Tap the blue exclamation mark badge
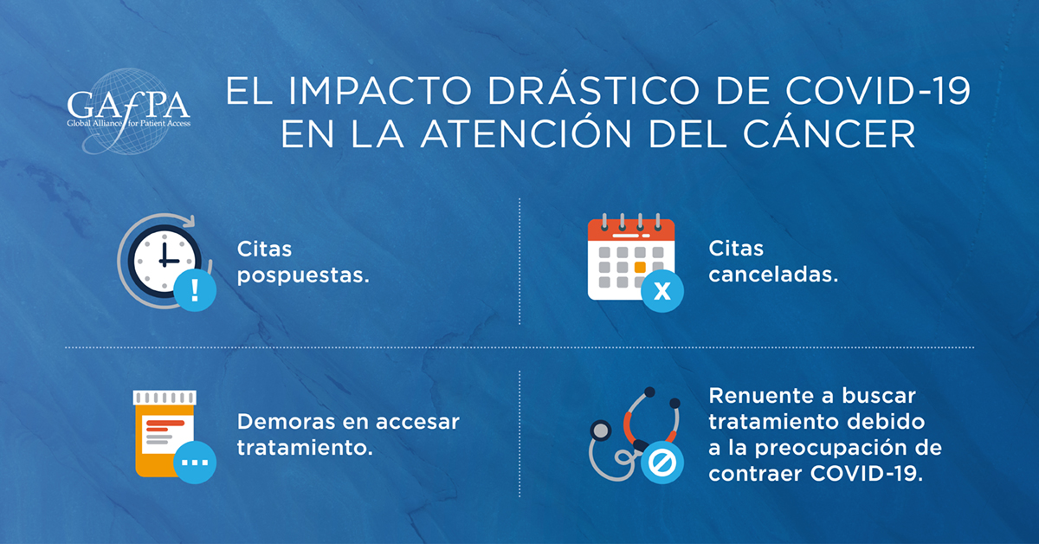coord(195,290)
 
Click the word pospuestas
coord(303,276)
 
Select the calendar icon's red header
coord(631,230)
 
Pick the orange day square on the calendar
coord(640,268)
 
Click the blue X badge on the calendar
coord(661,291)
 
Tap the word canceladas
coord(773,275)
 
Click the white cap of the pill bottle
coord(165,398)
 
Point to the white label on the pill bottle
coord(167,435)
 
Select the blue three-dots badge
coord(195,463)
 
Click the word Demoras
coord(286,422)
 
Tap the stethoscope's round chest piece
coord(601,431)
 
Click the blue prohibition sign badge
coord(661,463)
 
